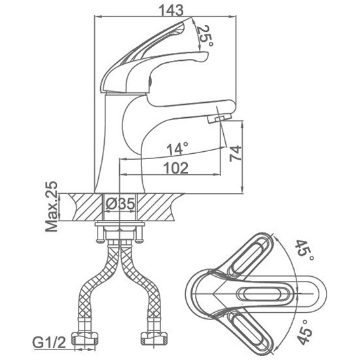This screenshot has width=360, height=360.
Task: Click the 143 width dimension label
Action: click(x=171, y=10)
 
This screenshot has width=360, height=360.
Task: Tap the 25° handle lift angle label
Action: click(x=205, y=35)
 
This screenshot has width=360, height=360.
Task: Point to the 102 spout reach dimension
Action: click(x=175, y=168)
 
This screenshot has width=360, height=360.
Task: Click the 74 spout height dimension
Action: click(x=236, y=153)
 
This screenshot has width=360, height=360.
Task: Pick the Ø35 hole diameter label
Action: click(x=120, y=204)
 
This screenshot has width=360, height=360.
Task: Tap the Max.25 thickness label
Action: click(x=52, y=206)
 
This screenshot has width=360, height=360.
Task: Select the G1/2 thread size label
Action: click(x=49, y=343)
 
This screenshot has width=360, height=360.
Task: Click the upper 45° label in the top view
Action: click(x=304, y=250)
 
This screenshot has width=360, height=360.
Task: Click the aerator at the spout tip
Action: click(x=219, y=118)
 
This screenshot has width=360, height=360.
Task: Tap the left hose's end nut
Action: click(x=84, y=338)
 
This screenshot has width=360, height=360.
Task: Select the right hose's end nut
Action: click(x=154, y=338)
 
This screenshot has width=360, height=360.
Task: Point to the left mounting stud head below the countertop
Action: click(x=100, y=241)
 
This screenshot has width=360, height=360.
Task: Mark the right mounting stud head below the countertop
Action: click(x=139, y=241)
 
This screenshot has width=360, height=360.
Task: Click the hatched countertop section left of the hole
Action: click(x=85, y=207)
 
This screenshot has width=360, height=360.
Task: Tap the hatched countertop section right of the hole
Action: click(x=158, y=207)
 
